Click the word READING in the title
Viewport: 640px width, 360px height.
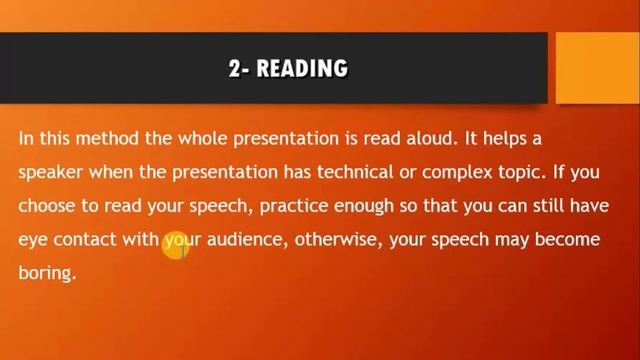click(x=302, y=68)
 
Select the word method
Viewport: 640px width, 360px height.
click(x=107, y=138)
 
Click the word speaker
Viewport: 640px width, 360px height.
click(x=51, y=172)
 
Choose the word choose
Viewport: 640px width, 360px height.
click(x=46, y=206)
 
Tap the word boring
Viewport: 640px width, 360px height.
click(x=46, y=273)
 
